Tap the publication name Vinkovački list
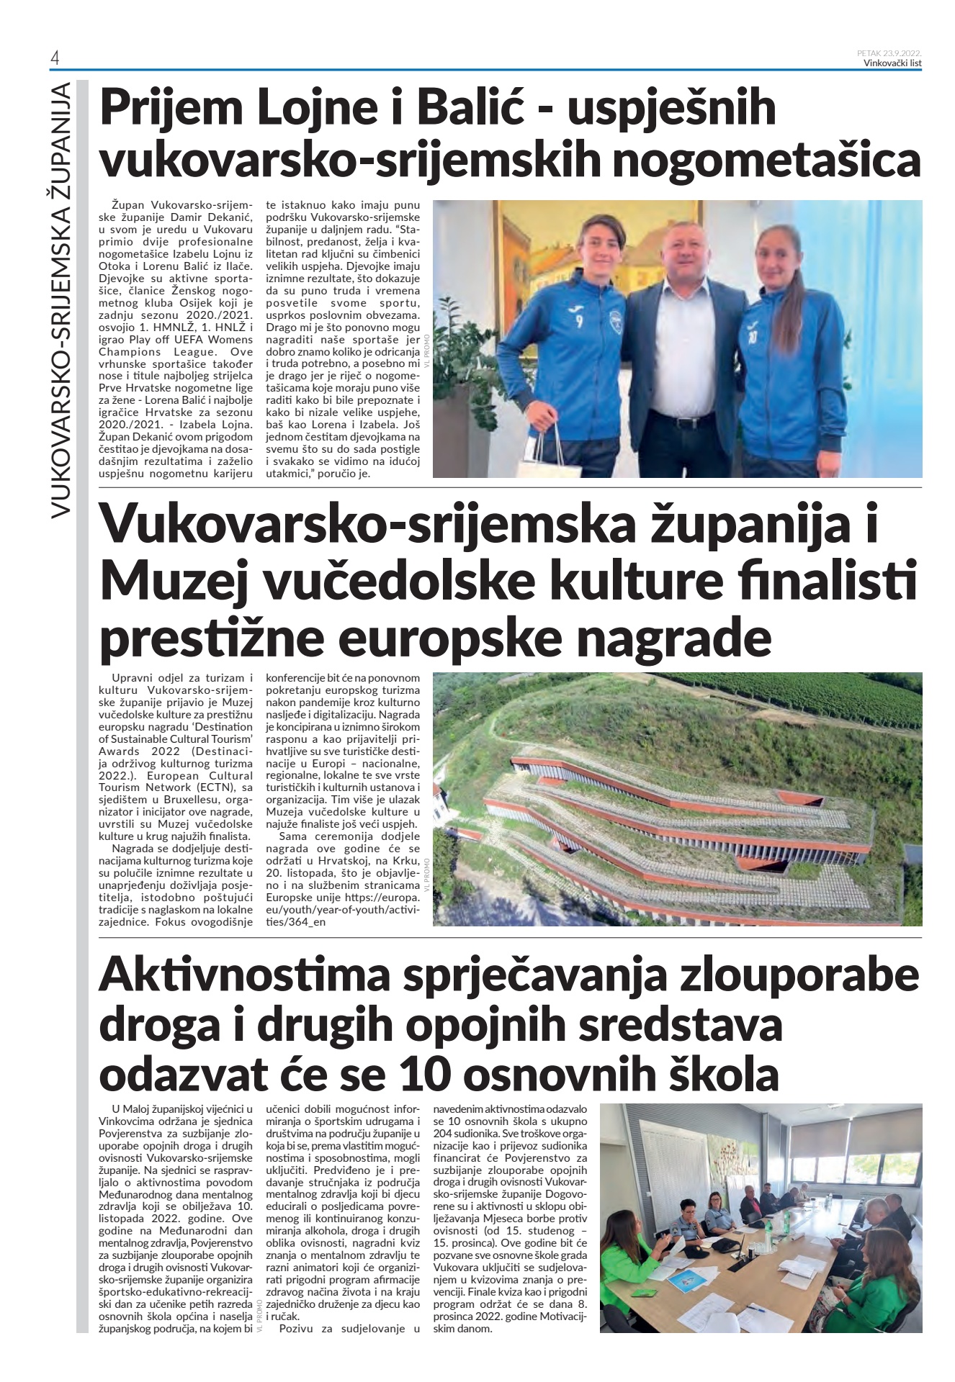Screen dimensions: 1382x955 click(892, 63)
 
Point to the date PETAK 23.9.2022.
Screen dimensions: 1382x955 click(889, 53)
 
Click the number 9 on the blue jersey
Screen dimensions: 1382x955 click(579, 322)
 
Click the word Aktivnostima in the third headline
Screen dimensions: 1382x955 click(244, 975)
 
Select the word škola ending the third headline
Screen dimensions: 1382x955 click(725, 1075)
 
